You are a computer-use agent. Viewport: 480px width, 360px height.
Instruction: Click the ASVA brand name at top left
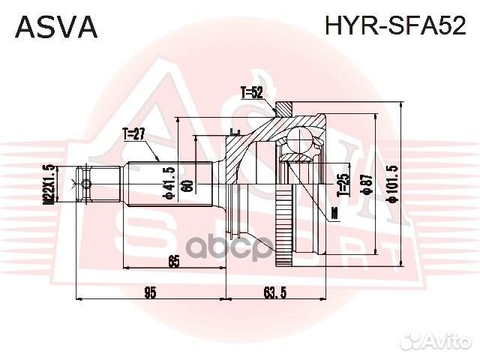pyautogui.click(x=57, y=26)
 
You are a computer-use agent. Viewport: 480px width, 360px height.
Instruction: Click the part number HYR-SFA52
pyautogui.click(x=394, y=26)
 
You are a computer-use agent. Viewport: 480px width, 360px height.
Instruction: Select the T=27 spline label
pyautogui.click(x=133, y=134)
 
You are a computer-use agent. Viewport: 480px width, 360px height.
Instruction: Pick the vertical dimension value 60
pyautogui.click(x=189, y=184)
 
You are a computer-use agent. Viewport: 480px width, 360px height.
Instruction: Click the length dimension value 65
pyautogui.click(x=174, y=261)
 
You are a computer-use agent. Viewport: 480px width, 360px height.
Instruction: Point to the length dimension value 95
pyautogui.click(x=150, y=292)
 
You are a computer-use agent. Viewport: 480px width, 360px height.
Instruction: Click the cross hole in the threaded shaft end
pyautogui.click(x=86, y=184)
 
